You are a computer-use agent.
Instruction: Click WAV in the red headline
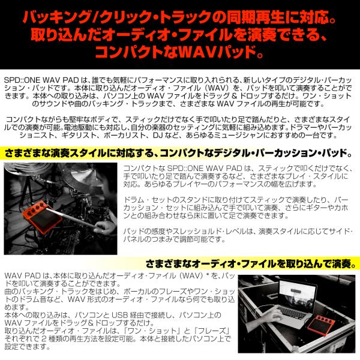coord(197,53)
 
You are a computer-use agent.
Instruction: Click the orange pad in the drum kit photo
coord(42,217)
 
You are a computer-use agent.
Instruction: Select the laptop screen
coord(298,295)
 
